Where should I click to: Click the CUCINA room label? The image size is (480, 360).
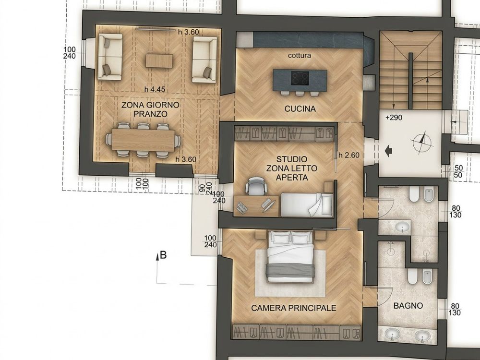tap(300, 109)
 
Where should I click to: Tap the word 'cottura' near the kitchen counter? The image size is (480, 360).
tap(300, 55)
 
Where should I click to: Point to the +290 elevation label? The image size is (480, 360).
tap(394, 118)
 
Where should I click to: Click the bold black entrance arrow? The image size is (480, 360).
tap(388, 151)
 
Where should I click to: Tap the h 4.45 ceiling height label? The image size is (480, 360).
tap(155, 89)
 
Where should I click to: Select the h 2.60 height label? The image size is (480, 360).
tap(349, 155)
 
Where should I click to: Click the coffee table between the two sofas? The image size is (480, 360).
tap(159, 60)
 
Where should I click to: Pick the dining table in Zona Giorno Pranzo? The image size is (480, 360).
tap(143, 139)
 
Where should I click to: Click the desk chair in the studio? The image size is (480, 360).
tap(256, 186)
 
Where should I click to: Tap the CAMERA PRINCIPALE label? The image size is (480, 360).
tap(294, 308)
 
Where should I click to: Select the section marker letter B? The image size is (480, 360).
tap(164, 255)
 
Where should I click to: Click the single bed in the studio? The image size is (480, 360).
tap(307, 204)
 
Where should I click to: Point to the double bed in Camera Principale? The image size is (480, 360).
tap(290, 256)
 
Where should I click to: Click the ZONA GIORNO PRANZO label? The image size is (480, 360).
tap(150, 109)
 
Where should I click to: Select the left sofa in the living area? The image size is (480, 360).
tap(110, 57)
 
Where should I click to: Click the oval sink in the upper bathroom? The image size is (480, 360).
tap(402, 227)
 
